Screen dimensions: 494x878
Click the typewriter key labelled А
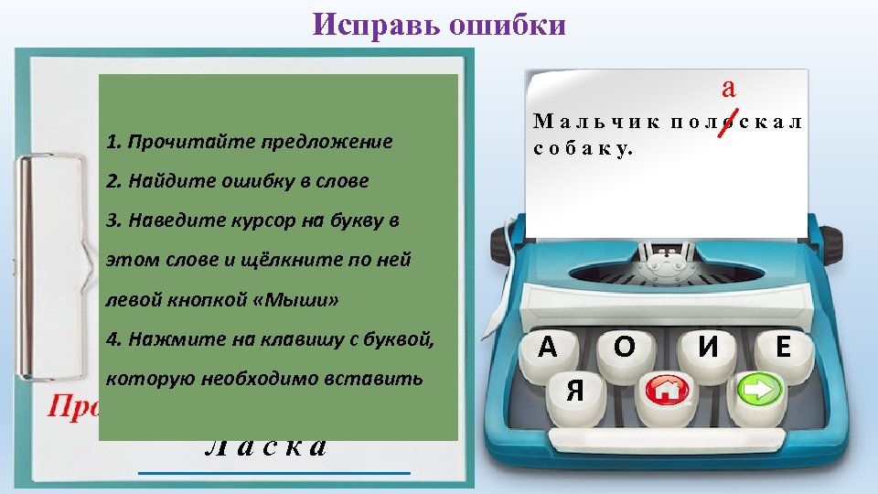pos(548,349)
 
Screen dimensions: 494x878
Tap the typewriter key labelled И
pos(706,349)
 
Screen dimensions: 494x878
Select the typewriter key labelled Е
pos(783,348)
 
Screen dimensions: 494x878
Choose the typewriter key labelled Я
pos(575,392)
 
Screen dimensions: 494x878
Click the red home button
pos(666,392)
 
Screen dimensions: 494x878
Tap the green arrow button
pos(759,391)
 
